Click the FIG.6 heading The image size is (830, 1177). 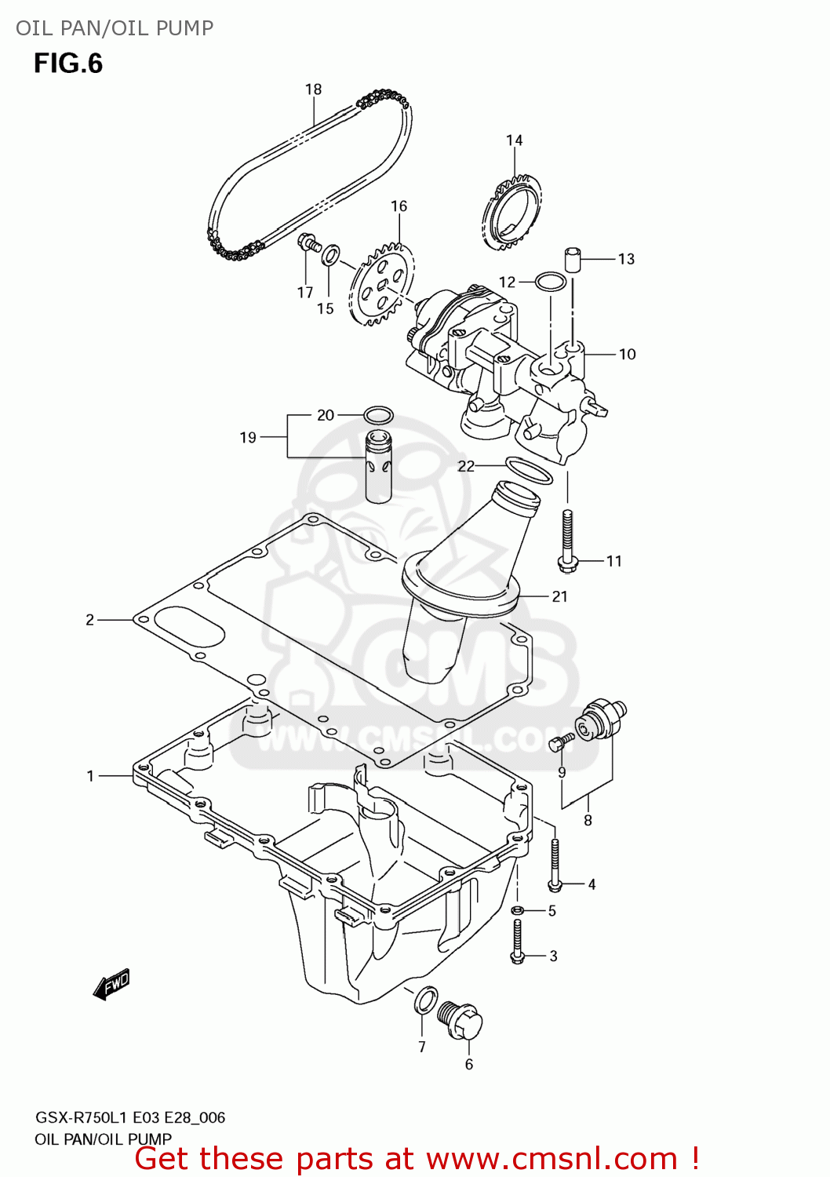click(68, 64)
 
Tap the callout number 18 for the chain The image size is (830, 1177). click(313, 89)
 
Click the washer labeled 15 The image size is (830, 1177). click(332, 254)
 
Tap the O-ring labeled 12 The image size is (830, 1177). click(551, 281)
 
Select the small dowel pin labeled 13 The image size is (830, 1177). click(573, 258)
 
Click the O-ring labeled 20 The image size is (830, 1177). click(378, 414)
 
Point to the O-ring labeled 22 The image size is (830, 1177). click(529, 470)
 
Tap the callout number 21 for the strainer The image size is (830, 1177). click(559, 596)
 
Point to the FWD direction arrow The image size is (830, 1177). click(111, 984)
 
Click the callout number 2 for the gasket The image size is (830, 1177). click(89, 620)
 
